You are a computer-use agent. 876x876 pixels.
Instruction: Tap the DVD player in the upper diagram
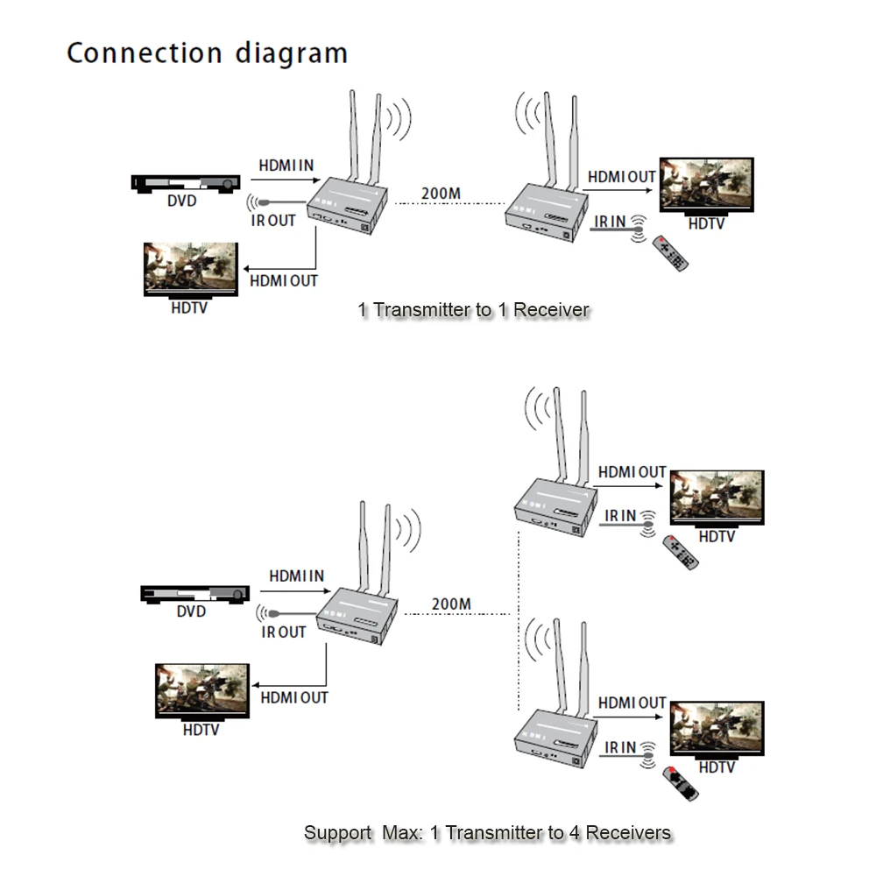coord(186,183)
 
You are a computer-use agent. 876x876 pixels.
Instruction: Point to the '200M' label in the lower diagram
coord(451,604)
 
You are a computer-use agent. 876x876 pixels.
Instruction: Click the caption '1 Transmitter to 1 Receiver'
coord(473,309)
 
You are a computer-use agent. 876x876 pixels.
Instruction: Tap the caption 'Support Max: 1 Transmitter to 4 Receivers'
coord(487,832)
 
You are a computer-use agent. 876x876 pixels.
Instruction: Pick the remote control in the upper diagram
coord(669,252)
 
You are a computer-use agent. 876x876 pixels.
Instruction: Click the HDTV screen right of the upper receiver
coord(706,184)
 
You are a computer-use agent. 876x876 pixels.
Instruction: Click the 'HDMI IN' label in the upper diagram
coord(286,166)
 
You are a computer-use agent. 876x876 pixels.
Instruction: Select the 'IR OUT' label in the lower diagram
coord(284,632)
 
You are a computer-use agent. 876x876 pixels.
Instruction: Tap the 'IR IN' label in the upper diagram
coord(611,222)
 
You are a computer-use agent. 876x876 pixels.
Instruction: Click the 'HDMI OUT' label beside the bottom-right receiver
coord(632,703)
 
